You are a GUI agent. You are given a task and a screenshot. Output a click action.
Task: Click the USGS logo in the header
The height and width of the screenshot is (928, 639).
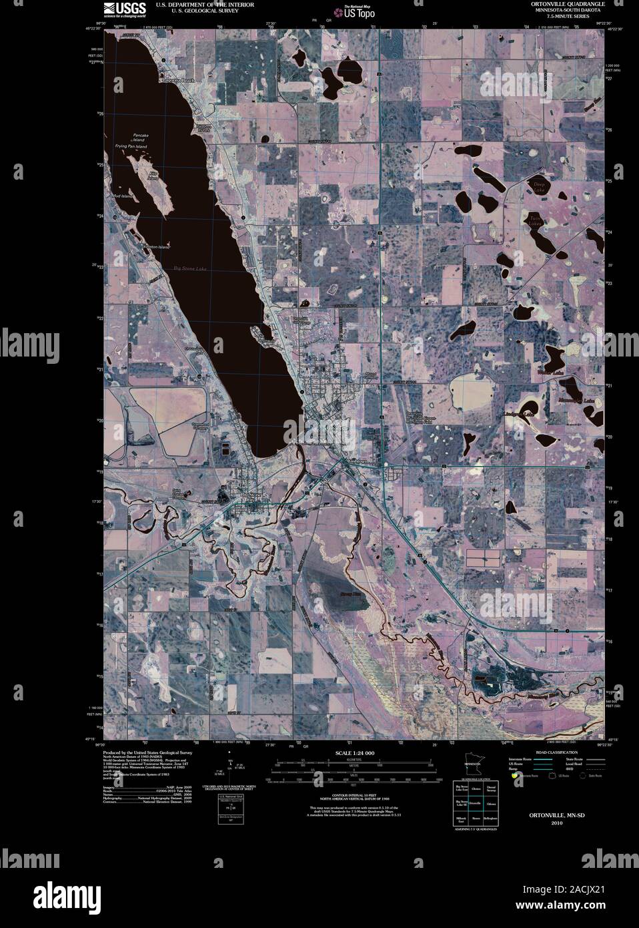117,8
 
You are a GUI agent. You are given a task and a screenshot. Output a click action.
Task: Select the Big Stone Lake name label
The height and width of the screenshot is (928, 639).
187,268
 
